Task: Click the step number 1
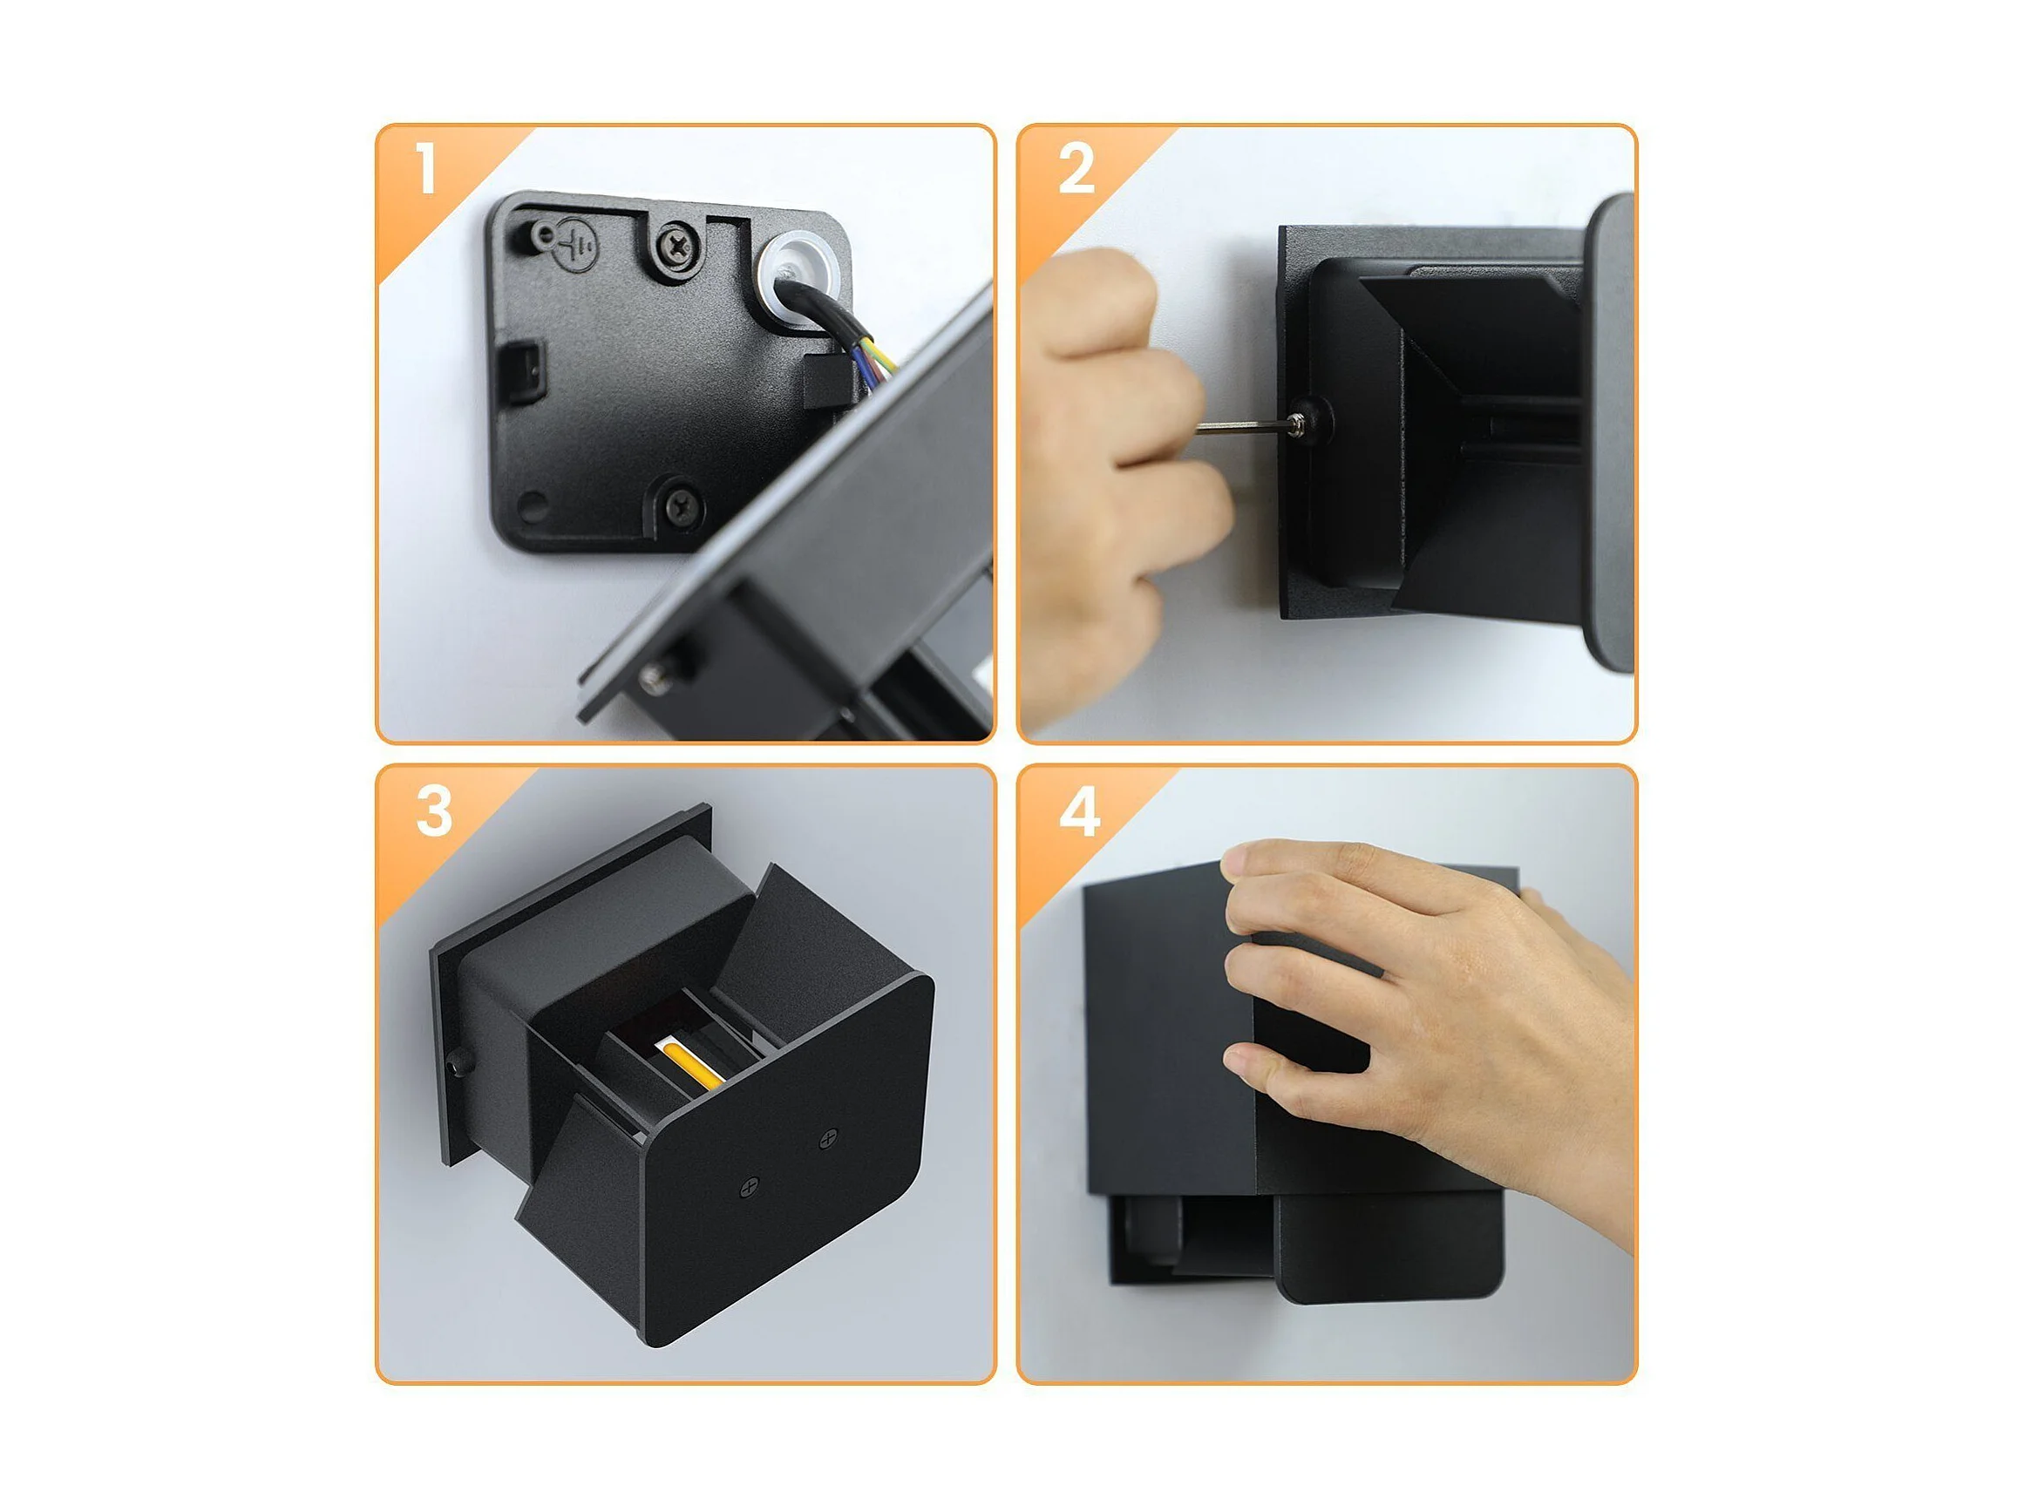pos(426,167)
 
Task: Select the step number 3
pos(434,810)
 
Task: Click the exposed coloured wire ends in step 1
pos(873,362)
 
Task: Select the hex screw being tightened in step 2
pos(1299,424)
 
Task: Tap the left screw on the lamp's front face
pos(750,1187)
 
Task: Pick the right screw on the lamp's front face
pos(828,1137)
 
